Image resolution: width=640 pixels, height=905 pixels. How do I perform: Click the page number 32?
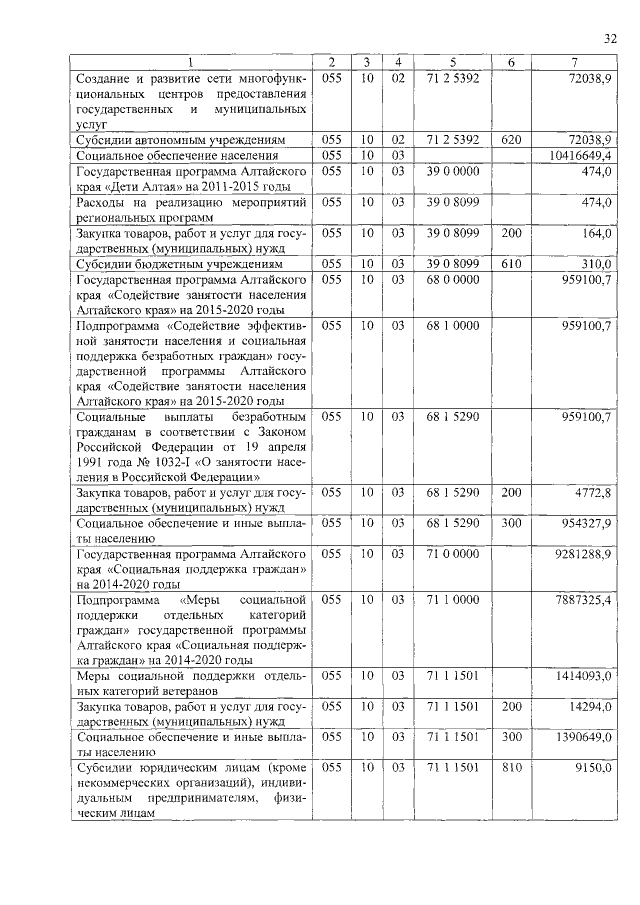(x=610, y=39)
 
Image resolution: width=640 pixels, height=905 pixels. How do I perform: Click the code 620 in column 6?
(x=511, y=139)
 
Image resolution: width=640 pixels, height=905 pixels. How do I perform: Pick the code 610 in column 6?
(x=511, y=263)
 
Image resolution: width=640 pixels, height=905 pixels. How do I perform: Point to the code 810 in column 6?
(x=511, y=767)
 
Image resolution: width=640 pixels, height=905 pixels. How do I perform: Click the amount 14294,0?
(x=591, y=706)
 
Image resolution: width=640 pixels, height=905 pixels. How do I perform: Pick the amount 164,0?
(x=597, y=233)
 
